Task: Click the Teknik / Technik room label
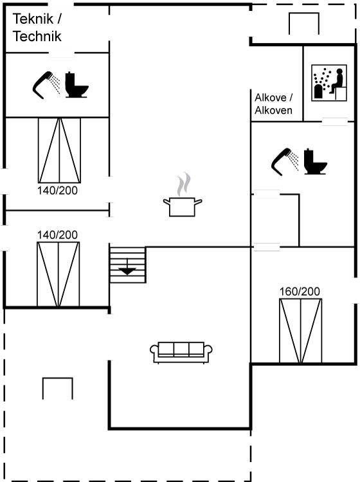coord(37,28)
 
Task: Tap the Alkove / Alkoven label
coord(273,104)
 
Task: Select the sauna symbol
coord(329,83)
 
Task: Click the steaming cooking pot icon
coord(183,195)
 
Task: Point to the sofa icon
coord(181,353)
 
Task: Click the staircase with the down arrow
coord(127,265)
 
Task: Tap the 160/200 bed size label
coord(300,291)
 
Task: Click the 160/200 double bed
coord(300,331)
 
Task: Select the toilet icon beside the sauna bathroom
coord(315,162)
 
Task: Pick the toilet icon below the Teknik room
coord(77,85)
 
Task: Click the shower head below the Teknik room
coord(46,85)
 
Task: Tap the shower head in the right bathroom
coord(285,162)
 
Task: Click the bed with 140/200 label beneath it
coord(59,150)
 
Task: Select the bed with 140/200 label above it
coord(58,274)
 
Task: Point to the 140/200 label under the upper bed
coord(57,191)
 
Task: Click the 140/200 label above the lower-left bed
coord(57,235)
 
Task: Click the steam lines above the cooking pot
coord(184,184)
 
